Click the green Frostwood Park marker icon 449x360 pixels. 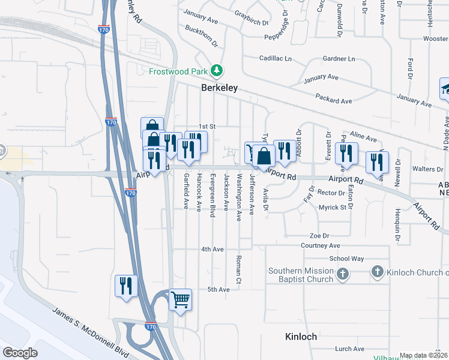coord(217,71)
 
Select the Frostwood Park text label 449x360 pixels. coord(178,71)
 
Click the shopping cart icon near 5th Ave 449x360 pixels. coord(180,298)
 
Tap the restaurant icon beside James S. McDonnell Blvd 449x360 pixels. coord(127,284)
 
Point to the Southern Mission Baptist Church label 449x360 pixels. coord(301,275)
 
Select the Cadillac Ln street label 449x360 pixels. coord(275,59)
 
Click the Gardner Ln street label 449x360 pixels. coord(339,59)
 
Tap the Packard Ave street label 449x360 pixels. coord(333,98)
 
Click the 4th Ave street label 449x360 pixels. coord(212,249)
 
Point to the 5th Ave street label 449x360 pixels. coord(218,290)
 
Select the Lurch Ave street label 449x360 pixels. coord(350,349)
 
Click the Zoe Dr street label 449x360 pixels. coord(319,236)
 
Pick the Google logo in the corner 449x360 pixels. coord(20,353)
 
